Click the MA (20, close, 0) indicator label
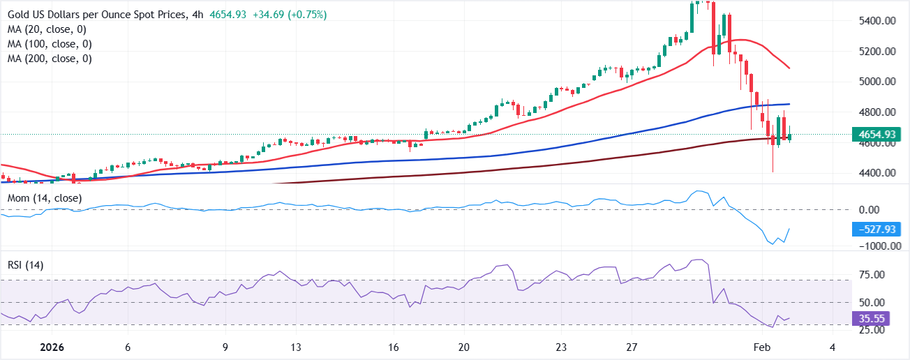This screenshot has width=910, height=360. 47,29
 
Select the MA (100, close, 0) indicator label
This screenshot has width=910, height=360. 50,44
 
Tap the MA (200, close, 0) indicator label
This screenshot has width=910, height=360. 50,59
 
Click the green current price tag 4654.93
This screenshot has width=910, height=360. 877,135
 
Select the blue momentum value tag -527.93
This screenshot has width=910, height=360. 877,230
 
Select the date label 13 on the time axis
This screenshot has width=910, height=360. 295,347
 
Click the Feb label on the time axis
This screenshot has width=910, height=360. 762,347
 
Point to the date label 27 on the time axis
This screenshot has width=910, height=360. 632,347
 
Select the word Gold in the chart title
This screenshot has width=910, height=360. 19,15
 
